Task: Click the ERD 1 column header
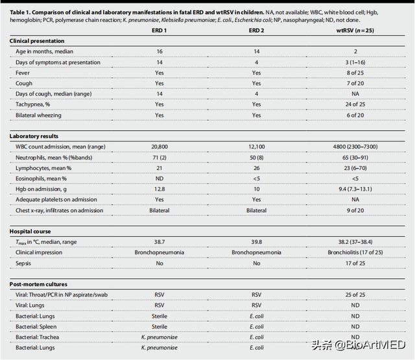159,29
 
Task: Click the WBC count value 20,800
159,147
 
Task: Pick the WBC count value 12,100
256,147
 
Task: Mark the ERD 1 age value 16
159,51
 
